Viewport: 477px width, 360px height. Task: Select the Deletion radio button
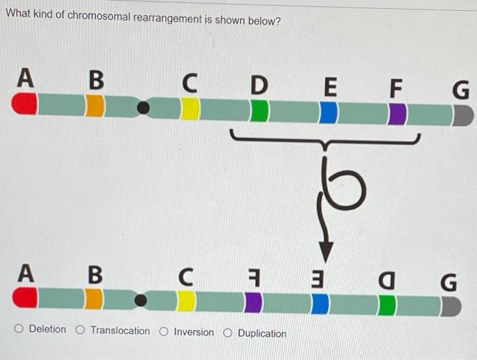coord(20,331)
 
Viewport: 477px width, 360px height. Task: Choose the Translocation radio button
coord(80,331)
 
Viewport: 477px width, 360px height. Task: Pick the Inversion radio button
coord(164,333)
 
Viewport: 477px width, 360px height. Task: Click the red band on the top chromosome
coord(25,104)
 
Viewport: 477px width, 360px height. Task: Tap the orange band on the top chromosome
coord(95,106)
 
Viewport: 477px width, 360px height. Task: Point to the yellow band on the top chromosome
coord(190,108)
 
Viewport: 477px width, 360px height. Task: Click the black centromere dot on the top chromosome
coord(143,108)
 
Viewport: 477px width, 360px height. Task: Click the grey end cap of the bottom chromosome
coord(450,306)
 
